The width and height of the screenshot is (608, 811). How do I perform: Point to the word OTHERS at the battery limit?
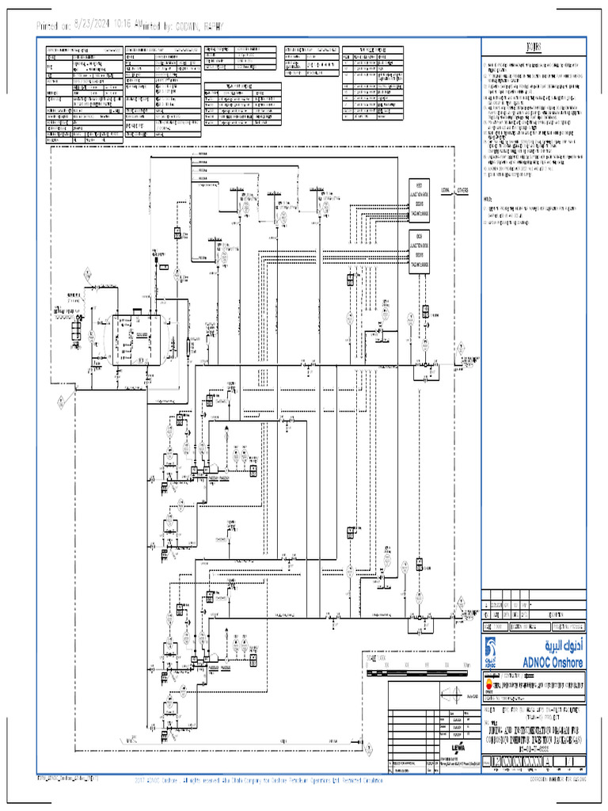[463, 190]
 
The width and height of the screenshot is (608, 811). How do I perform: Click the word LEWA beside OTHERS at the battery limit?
[446, 190]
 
